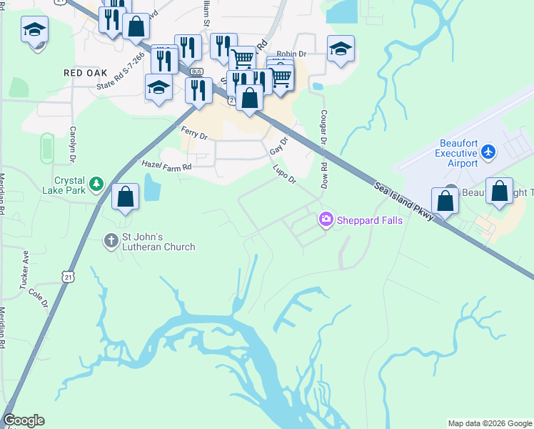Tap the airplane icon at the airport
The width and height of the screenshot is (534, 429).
pyautogui.click(x=488, y=152)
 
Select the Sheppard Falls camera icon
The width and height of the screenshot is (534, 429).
pyautogui.click(x=326, y=219)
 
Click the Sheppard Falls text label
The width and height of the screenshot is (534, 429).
pyautogui.click(x=370, y=220)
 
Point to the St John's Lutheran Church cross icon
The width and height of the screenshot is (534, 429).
pyautogui.click(x=111, y=240)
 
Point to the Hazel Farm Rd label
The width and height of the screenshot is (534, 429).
pyautogui.click(x=167, y=166)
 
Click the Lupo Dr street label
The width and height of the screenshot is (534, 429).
pyautogui.click(x=284, y=174)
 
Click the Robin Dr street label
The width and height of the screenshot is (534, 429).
pyautogui.click(x=291, y=54)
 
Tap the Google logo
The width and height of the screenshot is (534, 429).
pyautogui.click(x=24, y=420)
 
